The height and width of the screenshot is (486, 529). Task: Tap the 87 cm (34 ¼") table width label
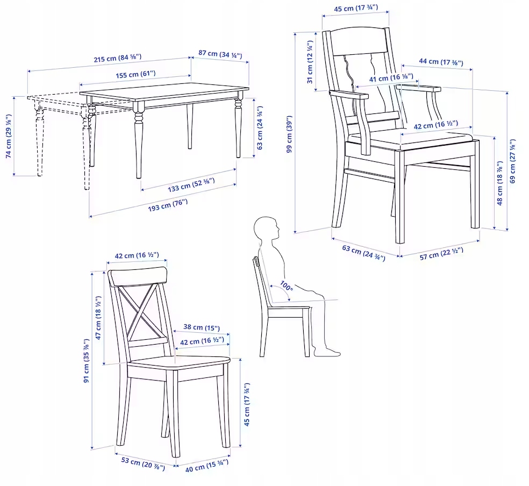point(220,54)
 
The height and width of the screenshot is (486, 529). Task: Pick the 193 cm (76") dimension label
point(167,205)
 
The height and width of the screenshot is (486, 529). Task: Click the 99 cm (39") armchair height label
point(289,134)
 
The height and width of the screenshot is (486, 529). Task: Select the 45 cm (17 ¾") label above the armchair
point(355,8)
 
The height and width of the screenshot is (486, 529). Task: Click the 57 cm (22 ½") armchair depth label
point(441,253)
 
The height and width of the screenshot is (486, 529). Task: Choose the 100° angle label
point(287,286)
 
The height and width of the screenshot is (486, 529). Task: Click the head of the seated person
point(267,228)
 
